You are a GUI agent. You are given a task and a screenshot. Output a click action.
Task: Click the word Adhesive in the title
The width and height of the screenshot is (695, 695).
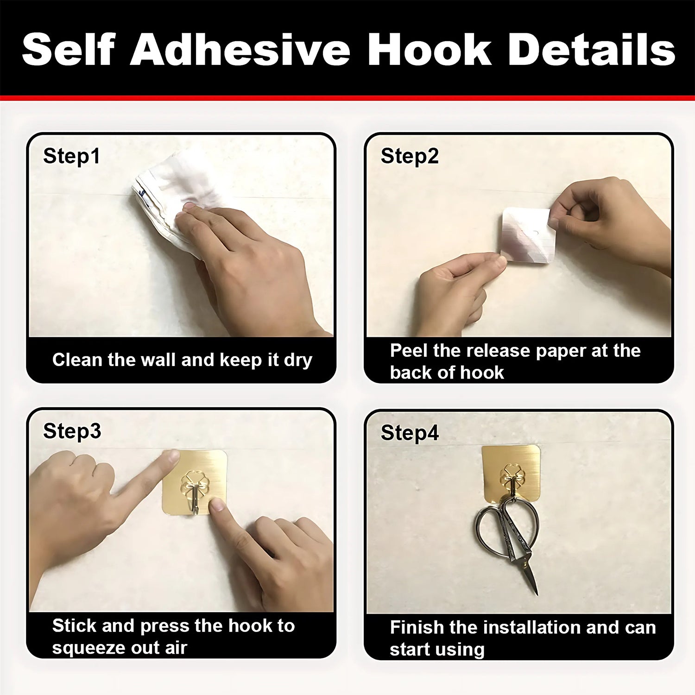(240, 50)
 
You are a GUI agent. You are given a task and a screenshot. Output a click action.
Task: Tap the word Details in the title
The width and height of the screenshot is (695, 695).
(591, 50)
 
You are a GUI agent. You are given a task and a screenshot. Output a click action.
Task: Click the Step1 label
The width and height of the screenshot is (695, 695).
(71, 156)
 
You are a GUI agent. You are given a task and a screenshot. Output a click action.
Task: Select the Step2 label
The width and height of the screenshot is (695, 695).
(410, 156)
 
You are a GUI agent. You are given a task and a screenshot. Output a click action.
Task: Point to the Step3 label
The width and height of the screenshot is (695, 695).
(72, 431)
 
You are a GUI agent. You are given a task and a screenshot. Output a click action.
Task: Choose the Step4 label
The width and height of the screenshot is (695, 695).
(410, 433)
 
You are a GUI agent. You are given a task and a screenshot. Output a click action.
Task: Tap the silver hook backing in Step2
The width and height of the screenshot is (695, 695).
(526, 236)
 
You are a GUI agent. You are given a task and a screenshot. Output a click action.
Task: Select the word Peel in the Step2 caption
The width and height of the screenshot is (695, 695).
(409, 351)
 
